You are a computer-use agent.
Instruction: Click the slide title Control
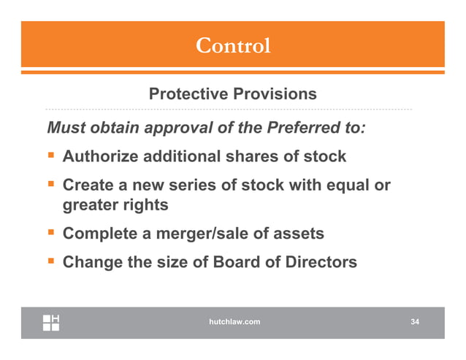(x=233, y=45)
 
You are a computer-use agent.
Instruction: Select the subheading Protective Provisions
(x=232, y=94)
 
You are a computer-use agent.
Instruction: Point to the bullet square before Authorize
(x=52, y=156)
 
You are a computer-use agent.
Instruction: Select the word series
(x=193, y=186)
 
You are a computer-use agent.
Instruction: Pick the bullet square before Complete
(x=52, y=234)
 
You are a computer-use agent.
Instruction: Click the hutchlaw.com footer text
(x=233, y=321)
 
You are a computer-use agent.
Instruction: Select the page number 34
(x=415, y=321)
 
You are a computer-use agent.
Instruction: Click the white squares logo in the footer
(x=51, y=322)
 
